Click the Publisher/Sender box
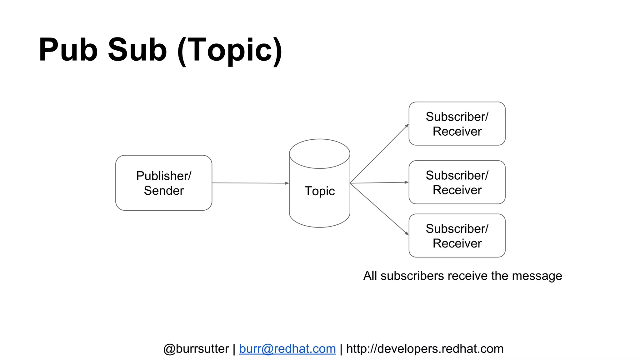[164, 183]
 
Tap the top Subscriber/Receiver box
[457, 124]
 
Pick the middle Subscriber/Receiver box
[457, 182]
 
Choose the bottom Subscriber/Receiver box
[457, 236]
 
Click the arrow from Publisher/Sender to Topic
[250, 183]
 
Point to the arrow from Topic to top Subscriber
[379, 153]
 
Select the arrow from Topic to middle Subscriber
[379, 183]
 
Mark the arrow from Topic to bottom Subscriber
[379, 209]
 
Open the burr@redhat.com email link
[287, 349]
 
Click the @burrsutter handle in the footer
[196, 349]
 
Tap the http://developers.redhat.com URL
[425, 349]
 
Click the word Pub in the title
[68, 50]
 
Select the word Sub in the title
[137, 50]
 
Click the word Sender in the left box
[164, 191]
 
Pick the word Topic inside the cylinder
[319, 191]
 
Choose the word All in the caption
[370, 276]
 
